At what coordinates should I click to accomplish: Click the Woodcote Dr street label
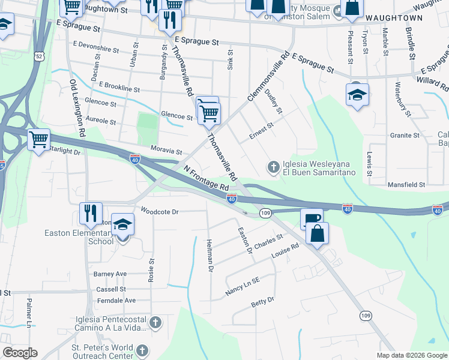(160, 211)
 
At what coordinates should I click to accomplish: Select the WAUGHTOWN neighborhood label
(394, 19)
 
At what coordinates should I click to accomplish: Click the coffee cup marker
(312, 218)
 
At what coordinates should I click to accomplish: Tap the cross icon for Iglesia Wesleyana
(273, 166)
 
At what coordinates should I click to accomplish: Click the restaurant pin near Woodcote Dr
(91, 213)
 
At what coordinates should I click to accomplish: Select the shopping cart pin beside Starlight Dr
(39, 140)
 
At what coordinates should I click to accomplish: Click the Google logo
(20, 353)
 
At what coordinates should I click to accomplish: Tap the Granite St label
(405, 136)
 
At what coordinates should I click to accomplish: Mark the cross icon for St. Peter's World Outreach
(143, 350)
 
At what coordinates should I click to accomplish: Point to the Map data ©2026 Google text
(412, 355)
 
